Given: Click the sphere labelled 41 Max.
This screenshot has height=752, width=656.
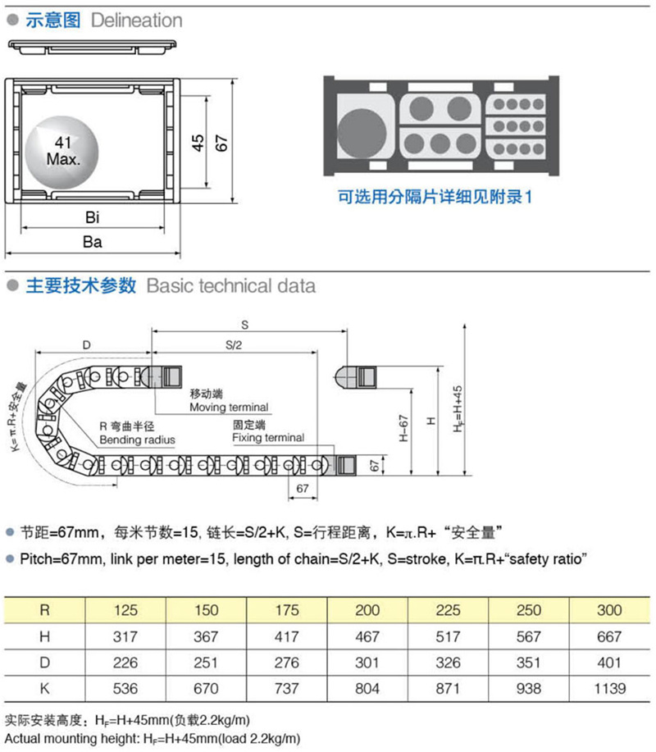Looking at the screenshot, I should (x=62, y=150).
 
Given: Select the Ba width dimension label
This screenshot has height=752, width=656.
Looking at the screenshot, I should (x=92, y=242).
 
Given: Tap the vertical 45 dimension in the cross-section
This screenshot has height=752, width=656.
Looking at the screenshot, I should (x=198, y=143).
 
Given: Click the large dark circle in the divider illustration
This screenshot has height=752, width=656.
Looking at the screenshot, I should (x=363, y=132).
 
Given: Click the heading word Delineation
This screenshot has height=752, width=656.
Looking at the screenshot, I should (x=137, y=21).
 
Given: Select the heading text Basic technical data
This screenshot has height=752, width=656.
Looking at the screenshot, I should (x=230, y=286).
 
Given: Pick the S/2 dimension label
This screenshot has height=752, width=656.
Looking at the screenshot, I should (x=234, y=345).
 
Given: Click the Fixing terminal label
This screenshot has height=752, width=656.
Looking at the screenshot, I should (x=267, y=438).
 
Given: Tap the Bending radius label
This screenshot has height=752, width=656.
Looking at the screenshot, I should (x=137, y=440).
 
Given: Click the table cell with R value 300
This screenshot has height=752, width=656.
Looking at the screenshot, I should (x=610, y=610).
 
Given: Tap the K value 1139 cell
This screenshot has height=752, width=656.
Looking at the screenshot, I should (x=610, y=689).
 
